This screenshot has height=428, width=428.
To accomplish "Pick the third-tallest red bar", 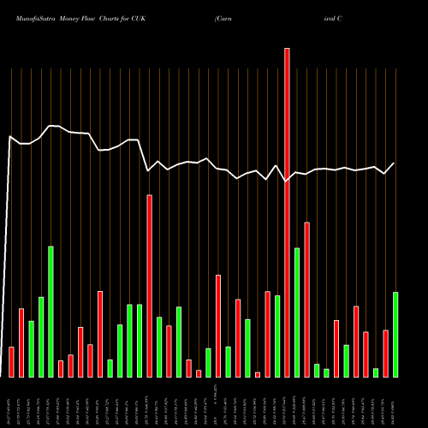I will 306,300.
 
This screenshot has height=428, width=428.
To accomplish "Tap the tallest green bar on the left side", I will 51,312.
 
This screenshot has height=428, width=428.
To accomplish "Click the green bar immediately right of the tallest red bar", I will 297,312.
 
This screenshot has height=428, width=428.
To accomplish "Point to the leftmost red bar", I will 11,361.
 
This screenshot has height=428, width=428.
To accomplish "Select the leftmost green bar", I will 31,348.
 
